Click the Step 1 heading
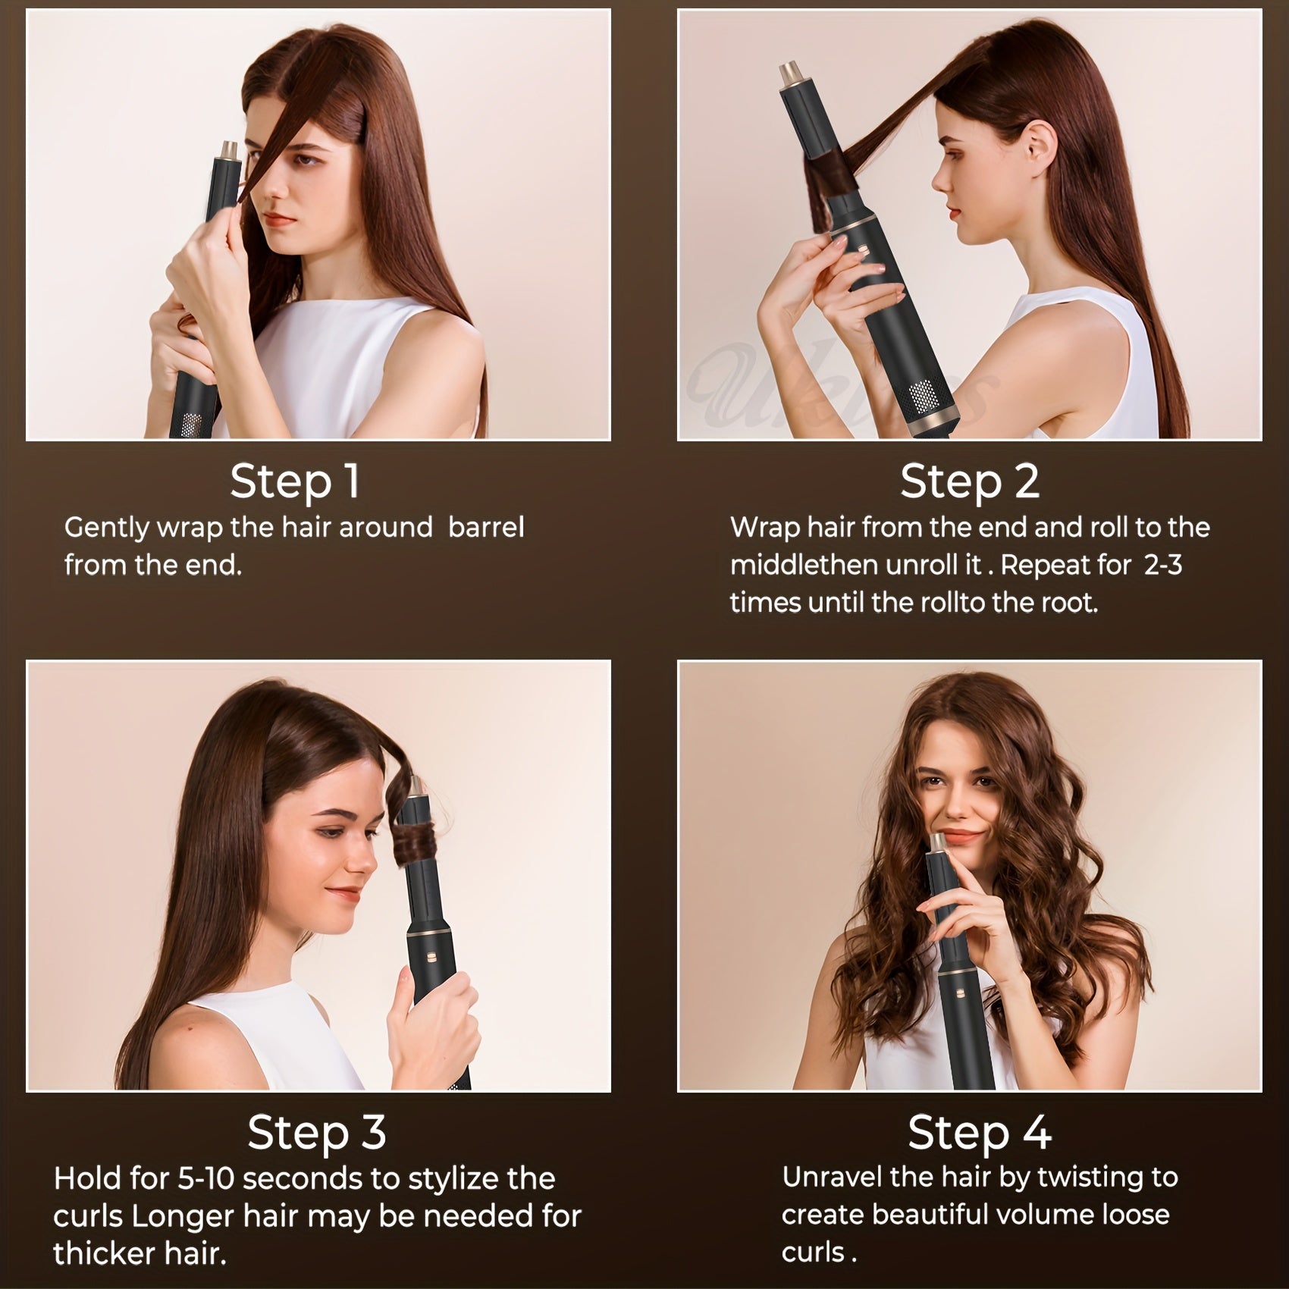pyautogui.click(x=295, y=481)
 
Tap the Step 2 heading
pyautogui.click(x=969, y=481)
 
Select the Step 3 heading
pyautogui.click(x=317, y=1132)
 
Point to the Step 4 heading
pyautogui.click(x=979, y=1132)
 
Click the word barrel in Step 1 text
pyautogui.click(x=486, y=528)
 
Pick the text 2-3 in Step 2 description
pyautogui.click(x=1162, y=566)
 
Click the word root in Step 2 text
pyautogui.click(x=1070, y=604)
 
